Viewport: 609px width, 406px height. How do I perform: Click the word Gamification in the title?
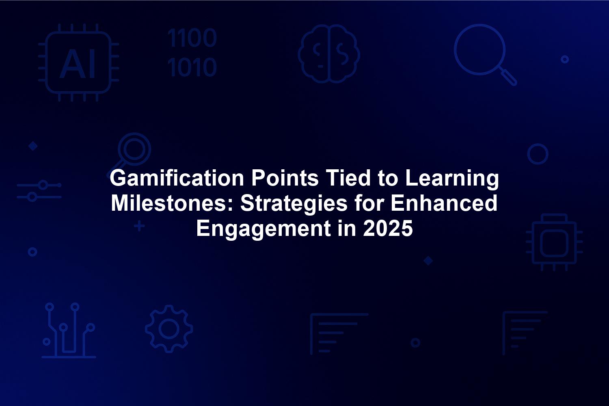tap(177, 178)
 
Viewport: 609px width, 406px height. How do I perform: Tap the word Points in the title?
tap(285, 178)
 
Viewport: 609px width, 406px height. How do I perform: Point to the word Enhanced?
tap(444, 203)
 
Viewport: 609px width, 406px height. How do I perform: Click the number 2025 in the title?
tap(388, 229)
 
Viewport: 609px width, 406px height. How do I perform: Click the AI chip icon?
tap(79, 63)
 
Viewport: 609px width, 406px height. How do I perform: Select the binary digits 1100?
tap(192, 38)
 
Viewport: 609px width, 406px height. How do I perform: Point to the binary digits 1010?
tap(192, 67)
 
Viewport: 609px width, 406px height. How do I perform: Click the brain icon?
tap(329, 54)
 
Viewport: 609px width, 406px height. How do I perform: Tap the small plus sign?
tap(140, 226)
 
